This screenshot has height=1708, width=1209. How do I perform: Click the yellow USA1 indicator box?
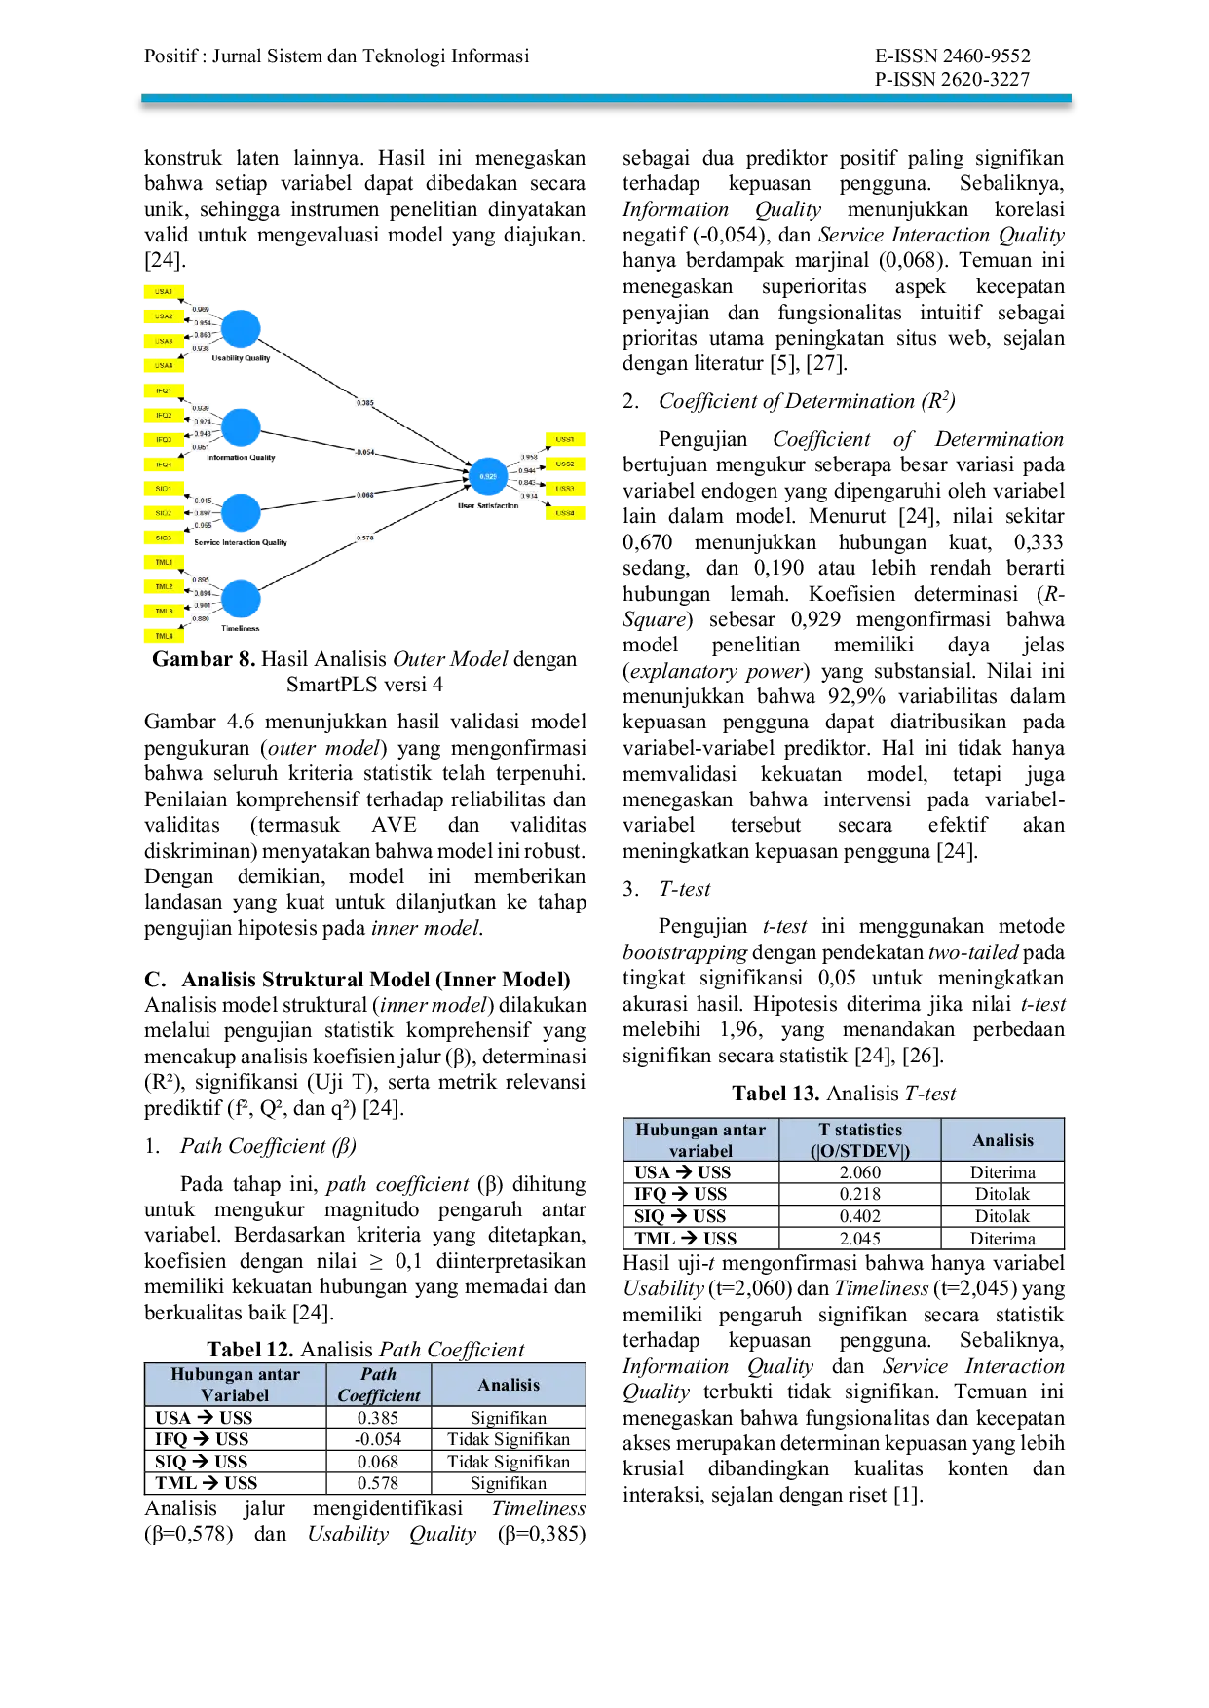click(x=164, y=291)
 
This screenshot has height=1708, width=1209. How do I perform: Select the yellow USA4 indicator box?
click(x=164, y=366)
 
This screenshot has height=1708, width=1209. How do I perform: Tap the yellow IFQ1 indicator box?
click(x=164, y=390)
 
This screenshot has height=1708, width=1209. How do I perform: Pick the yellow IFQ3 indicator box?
click(x=164, y=440)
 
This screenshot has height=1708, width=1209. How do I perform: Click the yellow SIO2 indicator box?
click(x=164, y=513)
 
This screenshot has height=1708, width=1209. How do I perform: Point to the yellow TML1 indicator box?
click(x=164, y=562)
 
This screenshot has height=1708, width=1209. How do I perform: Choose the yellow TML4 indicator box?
click(x=164, y=636)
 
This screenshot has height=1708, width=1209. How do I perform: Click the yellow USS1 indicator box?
click(x=565, y=439)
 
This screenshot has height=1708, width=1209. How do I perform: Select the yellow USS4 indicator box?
click(x=565, y=512)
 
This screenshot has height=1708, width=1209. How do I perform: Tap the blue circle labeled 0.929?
click(x=488, y=476)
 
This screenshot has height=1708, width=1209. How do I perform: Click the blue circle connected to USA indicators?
click(x=241, y=328)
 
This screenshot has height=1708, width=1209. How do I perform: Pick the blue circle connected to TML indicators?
click(x=241, y=599)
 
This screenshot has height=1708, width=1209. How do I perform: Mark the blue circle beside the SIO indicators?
click(x=241, y=513)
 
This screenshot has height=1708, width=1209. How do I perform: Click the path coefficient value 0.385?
click(x=365, y=403)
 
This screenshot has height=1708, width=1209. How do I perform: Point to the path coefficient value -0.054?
click(x=365, y=452)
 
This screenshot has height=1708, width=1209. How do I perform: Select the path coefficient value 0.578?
click(x=365, y=538)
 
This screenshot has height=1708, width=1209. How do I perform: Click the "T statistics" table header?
click(x=860, y=1139)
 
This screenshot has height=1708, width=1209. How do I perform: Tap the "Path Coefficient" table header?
click(x=378, y=1385)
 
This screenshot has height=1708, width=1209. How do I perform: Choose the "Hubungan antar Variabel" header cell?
click(x=235, y=1385)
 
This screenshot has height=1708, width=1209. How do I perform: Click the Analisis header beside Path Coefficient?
click(x=509, y=1385)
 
